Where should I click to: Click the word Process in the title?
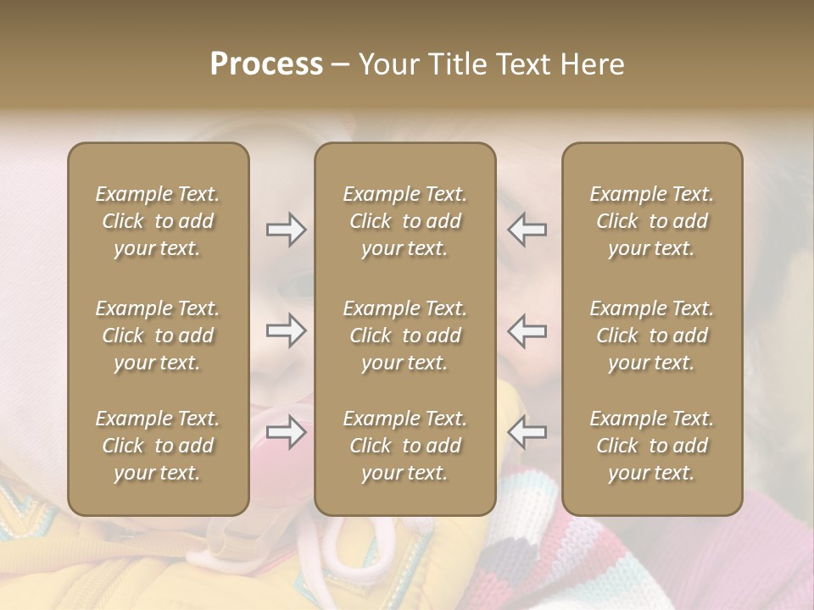266,64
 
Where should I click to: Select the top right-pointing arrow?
286,230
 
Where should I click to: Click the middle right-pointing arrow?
286,330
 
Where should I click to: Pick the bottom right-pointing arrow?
286,432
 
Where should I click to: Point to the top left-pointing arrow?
527,230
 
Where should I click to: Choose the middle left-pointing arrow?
527,330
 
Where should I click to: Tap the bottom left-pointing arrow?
527,432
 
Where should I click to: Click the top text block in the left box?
158,221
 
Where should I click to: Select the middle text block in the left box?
158,335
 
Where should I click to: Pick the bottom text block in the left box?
158,446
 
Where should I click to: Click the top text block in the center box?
404,221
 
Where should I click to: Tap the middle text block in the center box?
404,335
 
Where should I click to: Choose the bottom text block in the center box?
404,446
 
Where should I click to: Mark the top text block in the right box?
651,221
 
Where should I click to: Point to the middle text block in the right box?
651,335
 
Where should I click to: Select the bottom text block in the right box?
651,446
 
